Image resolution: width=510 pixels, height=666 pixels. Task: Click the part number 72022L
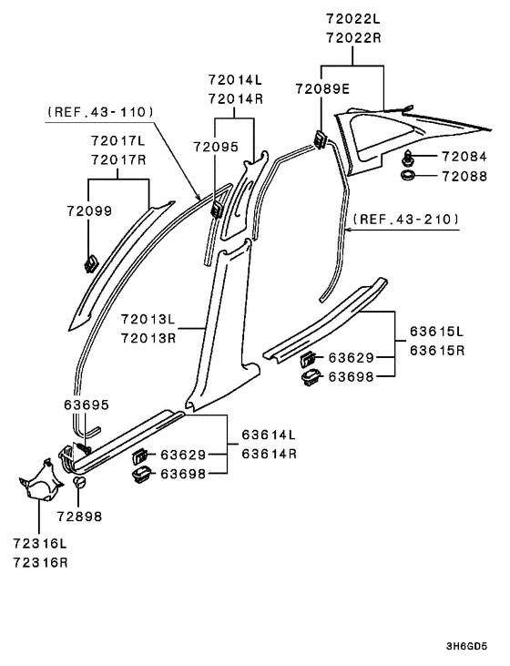[x=354, y=18]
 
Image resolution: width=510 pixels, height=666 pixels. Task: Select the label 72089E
[x=321, y=88]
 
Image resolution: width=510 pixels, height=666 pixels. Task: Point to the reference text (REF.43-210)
[x=407, y=219]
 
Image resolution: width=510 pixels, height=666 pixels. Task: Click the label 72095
[x=215, y=146]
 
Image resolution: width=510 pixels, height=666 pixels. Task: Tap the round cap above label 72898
[x=79, y=482]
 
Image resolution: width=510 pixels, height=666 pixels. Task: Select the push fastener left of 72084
[x=407, y=157]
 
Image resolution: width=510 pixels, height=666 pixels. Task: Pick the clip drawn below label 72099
[x=91, y=265]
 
